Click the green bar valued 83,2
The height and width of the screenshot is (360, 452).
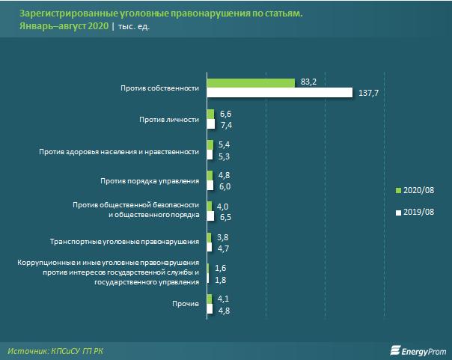251,82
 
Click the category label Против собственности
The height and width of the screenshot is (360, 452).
159,88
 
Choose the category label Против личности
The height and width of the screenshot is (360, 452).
169,120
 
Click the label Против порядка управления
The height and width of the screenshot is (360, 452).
150,180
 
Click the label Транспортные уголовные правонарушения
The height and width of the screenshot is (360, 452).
123,242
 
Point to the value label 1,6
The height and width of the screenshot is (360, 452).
220,267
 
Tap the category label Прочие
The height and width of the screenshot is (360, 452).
185,303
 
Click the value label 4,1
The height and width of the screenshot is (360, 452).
222,299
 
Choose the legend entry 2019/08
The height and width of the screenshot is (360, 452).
418,213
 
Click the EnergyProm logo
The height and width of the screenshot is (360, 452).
418,349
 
